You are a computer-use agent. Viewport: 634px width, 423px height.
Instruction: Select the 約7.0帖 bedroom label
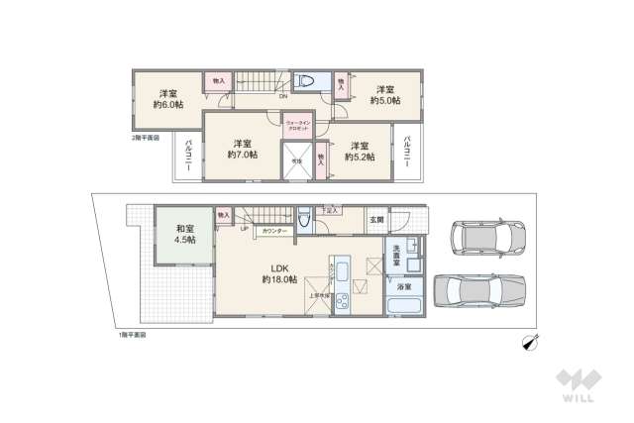pyautogui.click(x=241, y=149)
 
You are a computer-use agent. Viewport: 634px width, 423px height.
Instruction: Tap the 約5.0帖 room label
pyautogui.click(x=384, y=93)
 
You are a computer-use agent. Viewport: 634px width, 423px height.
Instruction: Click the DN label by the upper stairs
pyautogui.click(x=283, y=97)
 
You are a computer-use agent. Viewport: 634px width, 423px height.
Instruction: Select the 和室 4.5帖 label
pyautogui.click(x=178, y=233)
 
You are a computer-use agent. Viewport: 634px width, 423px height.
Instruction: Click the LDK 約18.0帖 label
pyautogui.click(x=278, y=273)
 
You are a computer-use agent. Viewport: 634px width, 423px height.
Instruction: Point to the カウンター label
pyautogui.click(x=275, y=230)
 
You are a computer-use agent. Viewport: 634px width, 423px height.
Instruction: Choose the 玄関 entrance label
pyautogui.click(x=376, y=219)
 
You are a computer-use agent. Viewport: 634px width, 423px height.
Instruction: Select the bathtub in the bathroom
pyautogui.click(x=405, y=301)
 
